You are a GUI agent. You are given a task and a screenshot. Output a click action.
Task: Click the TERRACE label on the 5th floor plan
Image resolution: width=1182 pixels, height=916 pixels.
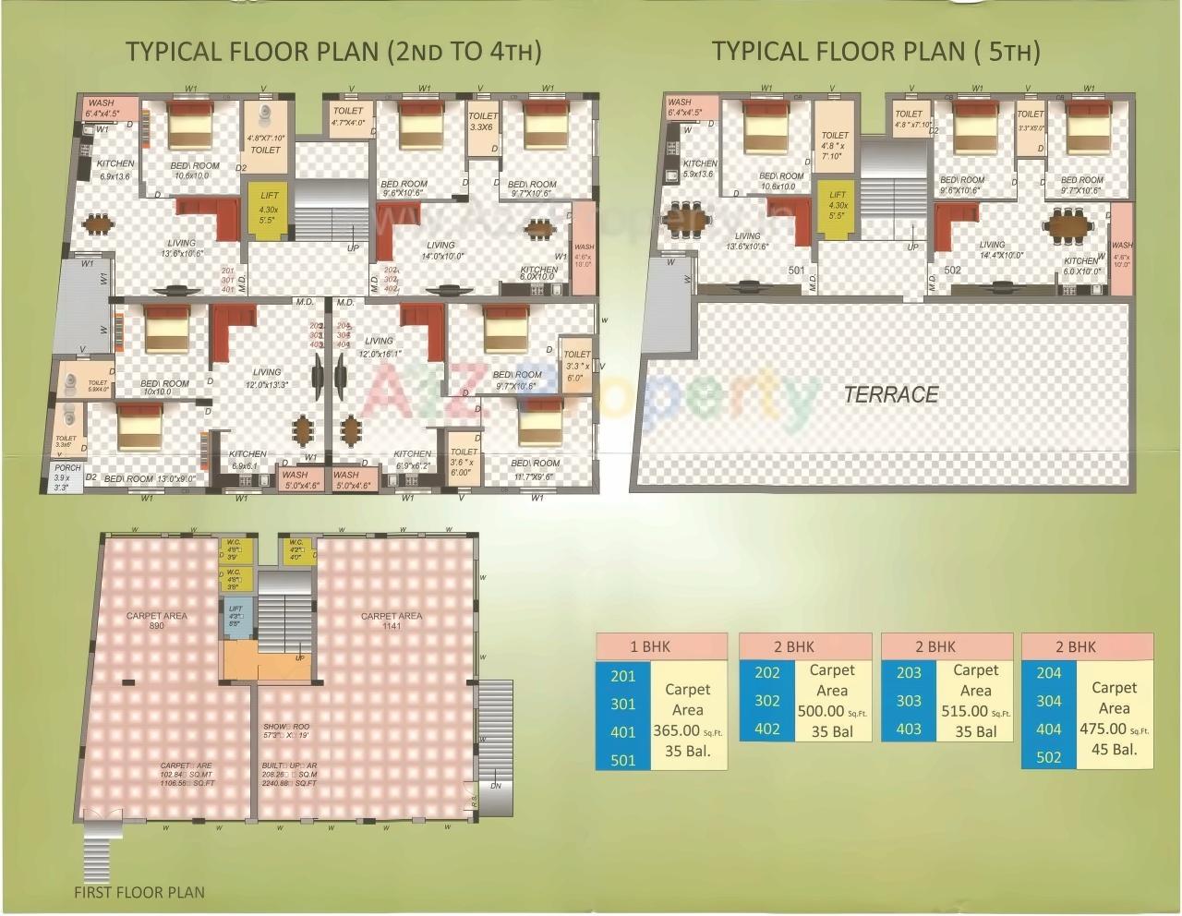coord(890,395)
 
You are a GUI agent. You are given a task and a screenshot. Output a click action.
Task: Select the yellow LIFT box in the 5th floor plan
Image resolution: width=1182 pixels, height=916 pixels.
coord(837,209)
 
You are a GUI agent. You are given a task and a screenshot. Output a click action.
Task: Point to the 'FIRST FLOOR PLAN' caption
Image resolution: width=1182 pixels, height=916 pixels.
coord(139,892)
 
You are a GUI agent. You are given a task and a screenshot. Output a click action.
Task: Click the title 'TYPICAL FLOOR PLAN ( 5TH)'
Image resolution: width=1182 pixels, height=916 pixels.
coord(875,52)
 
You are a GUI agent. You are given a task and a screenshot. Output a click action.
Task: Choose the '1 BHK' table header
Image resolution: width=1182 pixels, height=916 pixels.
coord(661,646)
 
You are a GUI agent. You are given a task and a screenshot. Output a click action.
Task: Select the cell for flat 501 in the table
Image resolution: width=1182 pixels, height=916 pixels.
coord(623,759)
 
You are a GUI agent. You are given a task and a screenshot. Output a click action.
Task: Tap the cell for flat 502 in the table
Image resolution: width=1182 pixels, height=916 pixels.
coord(1048,755)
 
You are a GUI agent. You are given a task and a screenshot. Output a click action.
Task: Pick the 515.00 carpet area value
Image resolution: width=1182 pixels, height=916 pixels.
coord(964,711)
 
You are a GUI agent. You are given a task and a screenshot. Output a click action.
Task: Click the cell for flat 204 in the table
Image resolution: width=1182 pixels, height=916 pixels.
coord(1048,673)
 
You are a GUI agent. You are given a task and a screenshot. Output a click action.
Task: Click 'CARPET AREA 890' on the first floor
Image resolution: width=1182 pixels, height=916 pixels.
coord(156,621)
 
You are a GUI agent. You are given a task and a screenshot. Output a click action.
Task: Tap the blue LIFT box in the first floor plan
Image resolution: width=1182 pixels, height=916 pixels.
coord(235,616)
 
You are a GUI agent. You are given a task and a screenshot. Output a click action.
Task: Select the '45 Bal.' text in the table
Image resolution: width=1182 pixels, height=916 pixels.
coord(1114,749)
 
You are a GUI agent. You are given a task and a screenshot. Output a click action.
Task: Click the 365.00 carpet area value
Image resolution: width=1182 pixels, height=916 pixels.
coord(678,730)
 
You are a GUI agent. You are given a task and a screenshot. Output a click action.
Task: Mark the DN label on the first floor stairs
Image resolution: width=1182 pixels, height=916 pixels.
coord(496,787)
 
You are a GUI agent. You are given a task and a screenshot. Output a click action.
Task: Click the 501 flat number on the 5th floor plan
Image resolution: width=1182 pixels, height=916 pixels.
coord(797,271)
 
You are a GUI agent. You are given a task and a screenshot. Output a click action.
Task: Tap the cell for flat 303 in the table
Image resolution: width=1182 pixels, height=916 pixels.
coord(909,701)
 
